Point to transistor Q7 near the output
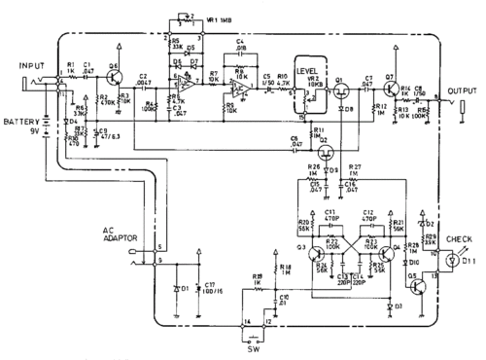393,72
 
